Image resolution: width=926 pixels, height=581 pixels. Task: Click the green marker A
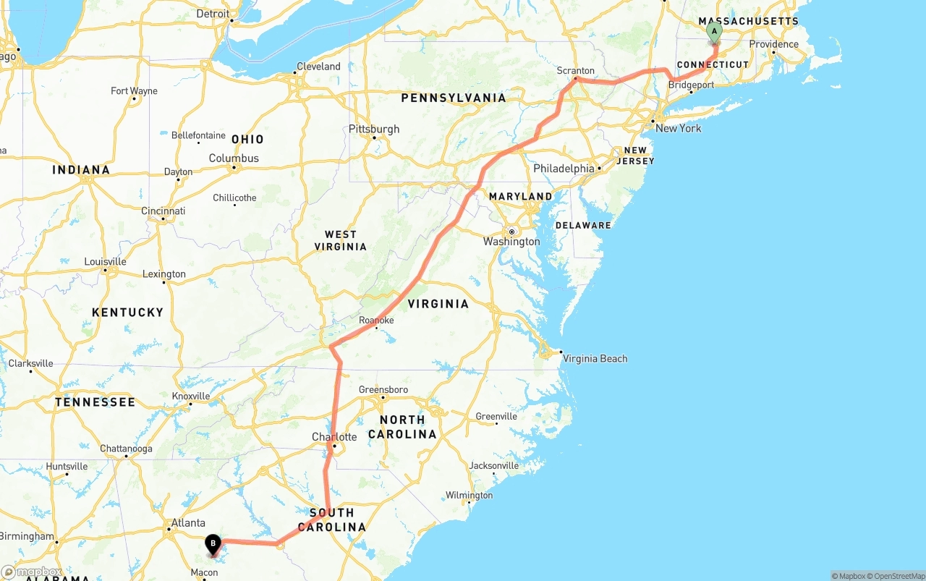coord(714,31)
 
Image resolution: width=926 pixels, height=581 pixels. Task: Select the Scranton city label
coord(575,71)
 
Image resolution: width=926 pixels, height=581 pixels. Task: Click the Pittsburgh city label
coord(374,130)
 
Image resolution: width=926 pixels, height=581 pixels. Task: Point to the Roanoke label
coord(376,320)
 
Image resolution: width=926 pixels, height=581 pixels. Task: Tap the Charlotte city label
coord(334,437)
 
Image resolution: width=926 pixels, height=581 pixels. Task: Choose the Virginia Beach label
coord(595,359)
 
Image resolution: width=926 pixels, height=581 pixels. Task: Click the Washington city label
coord(511,242)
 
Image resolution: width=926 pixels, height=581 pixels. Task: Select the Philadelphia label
coord(564,169)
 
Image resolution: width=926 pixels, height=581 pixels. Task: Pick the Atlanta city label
coord(188,523)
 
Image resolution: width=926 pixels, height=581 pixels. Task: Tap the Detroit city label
coord(213,14)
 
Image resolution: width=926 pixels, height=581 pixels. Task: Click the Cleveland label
coord(318,67)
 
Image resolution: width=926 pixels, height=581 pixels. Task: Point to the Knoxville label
coord(191,396)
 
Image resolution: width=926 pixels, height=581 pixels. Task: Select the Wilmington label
coord(469,496)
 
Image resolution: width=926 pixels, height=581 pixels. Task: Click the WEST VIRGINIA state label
coord(340,240)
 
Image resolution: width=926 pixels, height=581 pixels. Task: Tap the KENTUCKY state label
coord(128,313)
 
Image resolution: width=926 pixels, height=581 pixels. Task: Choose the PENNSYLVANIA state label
coord(454,98)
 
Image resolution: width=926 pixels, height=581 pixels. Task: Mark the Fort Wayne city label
coord(134,91)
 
